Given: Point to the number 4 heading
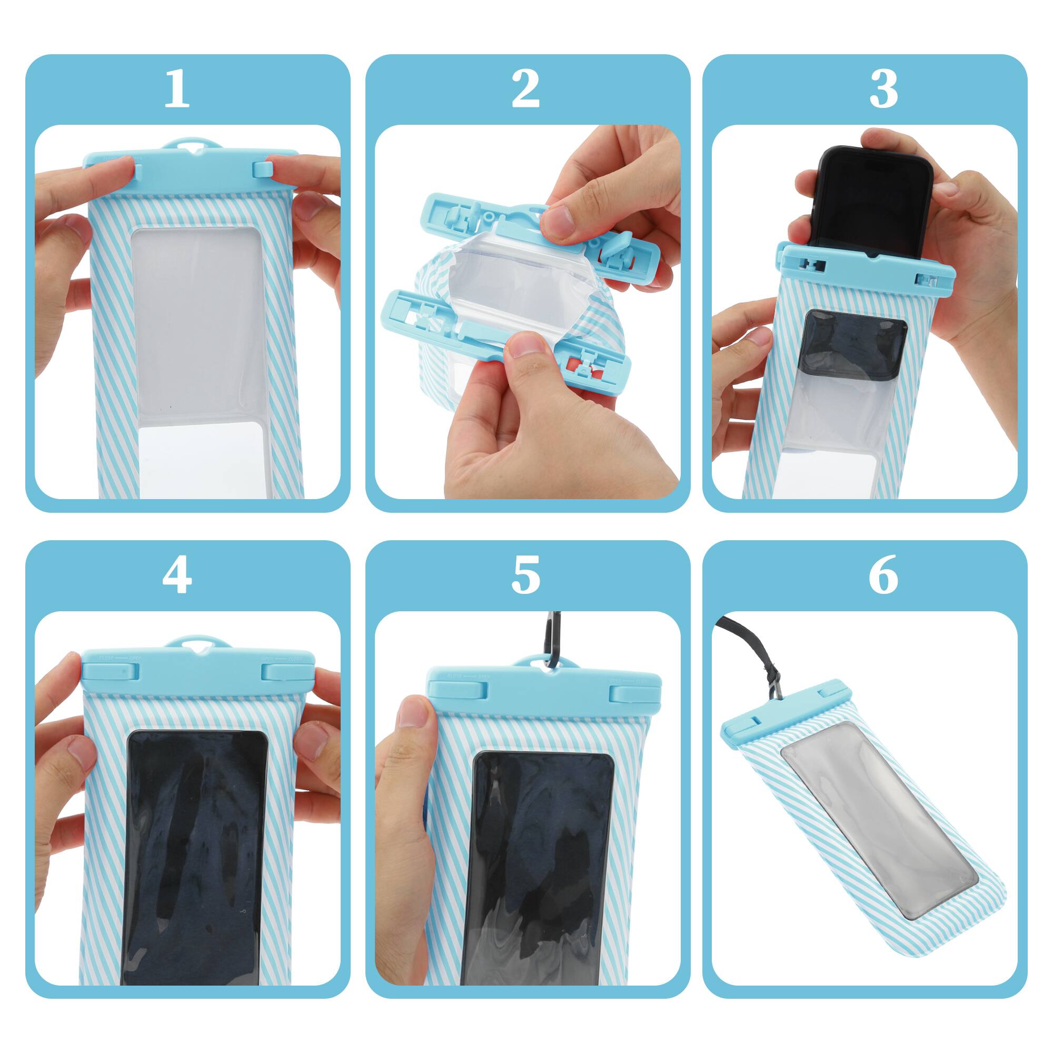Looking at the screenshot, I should pyautogui.click(x=176, y=575).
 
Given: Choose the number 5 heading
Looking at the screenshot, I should pyautogui.click(x=525, y=575).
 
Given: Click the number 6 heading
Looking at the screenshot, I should pyautogui.click(x=883, y=575).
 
